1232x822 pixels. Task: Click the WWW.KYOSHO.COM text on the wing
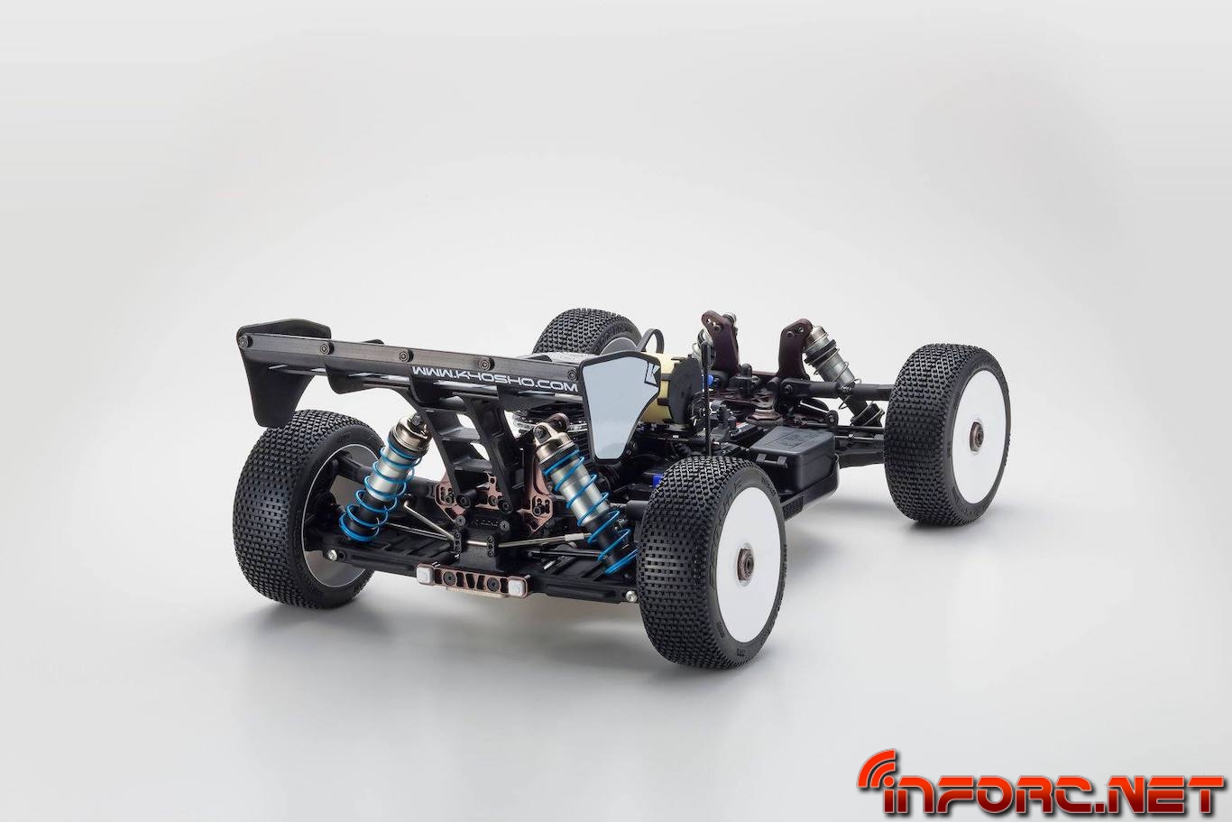(494, 380)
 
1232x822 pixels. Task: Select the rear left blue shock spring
(376, 485)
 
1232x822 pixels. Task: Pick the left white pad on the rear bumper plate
(425, 576)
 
